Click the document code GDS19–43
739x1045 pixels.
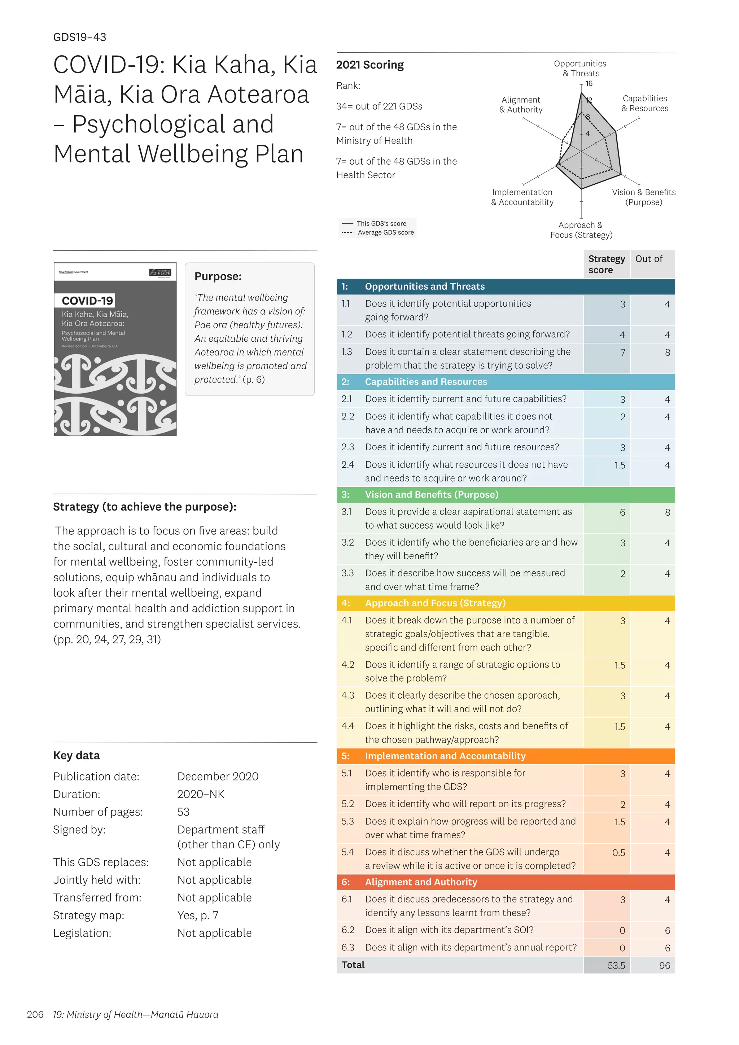(x=80, y=37)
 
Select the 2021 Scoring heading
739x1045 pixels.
(x=369, y=65)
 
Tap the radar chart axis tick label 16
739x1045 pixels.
(x=589, y=84)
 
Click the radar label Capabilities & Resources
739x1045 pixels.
(x=645, y=103)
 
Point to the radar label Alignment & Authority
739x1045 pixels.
(x=521, y=105)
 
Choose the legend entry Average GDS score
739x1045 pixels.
(x=385, y=233)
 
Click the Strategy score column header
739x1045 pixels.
(x=606, y=264)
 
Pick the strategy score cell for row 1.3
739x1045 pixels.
(x=622, y=352)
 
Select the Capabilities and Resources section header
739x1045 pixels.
(x=425, y=382)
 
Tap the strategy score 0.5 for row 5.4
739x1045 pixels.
(x=618, y=852)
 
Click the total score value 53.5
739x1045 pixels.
(x=616, y=965)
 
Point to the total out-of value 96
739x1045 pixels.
(x=664, y=965)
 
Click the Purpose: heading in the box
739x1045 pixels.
(x=218, y=276)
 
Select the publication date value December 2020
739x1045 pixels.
(x=218, y=777)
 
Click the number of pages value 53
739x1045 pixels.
(x=183, y=812)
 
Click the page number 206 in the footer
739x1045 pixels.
(x=35, y=1014)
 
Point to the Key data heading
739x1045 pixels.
(x=76, y=756)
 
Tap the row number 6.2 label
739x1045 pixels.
(x=347, y=930)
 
